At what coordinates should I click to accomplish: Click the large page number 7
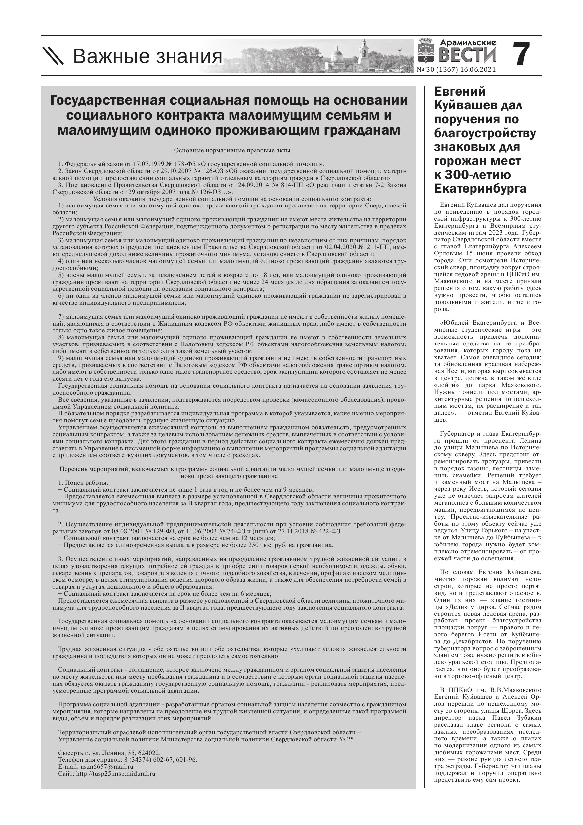[521, 55]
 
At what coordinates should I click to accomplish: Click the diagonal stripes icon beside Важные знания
[53, 56]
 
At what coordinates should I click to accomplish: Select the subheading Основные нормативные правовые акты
[232, 151]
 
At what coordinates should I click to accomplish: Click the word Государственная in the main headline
[107, 101]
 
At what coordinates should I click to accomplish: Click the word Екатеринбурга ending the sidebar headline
[480, 188]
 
